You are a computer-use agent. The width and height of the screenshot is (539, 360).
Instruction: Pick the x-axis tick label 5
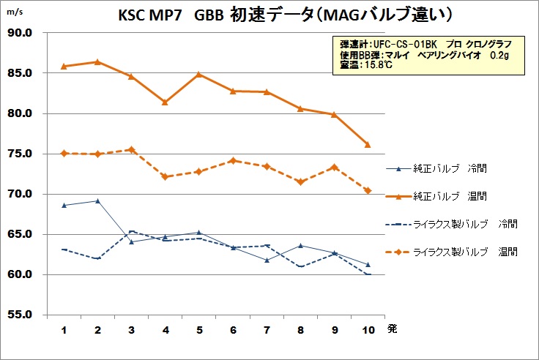198,329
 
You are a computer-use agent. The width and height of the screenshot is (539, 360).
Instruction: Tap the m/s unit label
14,11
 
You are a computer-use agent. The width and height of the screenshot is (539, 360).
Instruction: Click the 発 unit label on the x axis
392,329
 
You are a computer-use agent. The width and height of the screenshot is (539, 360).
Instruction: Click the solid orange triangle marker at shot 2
97,61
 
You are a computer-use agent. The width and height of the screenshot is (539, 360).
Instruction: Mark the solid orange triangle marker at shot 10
367,145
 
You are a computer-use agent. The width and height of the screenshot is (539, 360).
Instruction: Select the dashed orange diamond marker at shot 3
131,149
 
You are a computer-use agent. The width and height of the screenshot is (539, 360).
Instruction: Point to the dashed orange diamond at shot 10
367,190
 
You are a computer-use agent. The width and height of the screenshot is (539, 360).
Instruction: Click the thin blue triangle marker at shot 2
97,200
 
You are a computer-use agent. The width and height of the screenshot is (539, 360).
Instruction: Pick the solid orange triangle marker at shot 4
165,102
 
